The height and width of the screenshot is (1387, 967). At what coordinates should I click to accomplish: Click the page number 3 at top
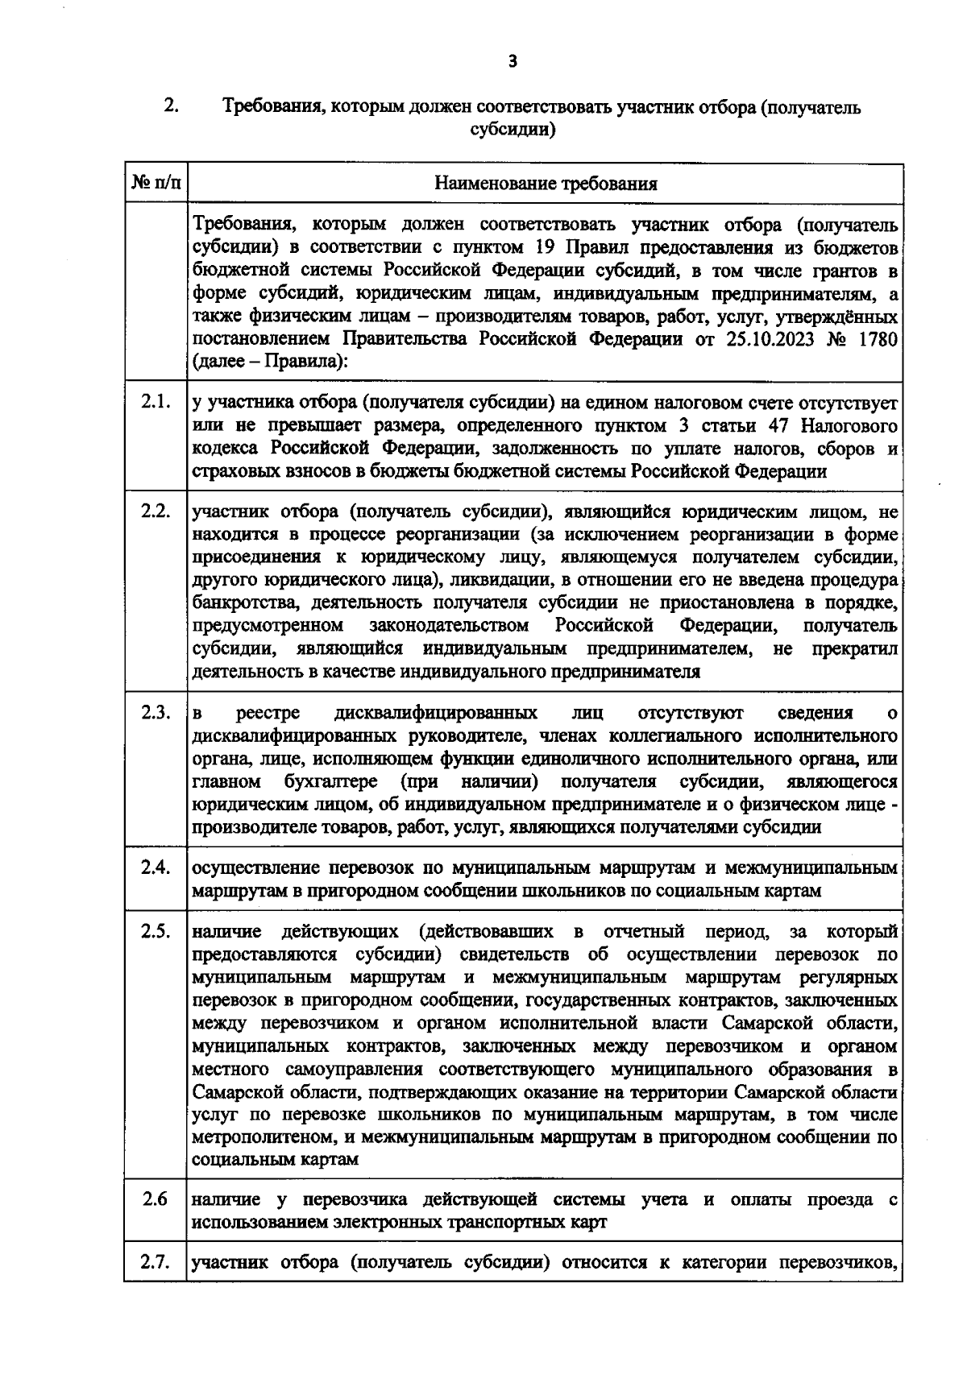point(513,61)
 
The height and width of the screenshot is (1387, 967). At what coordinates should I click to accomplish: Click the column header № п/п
point(155,183)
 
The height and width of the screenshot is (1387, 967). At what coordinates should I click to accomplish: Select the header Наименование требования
point(546,184)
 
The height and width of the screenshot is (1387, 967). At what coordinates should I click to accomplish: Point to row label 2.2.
point(155,511)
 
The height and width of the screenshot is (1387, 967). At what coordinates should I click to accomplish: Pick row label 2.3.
point(155,712)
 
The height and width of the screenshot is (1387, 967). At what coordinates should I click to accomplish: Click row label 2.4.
point(155,867)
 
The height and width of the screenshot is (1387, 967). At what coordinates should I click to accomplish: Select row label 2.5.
point(155,932)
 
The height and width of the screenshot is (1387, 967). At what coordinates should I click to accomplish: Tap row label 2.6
point(154,1199)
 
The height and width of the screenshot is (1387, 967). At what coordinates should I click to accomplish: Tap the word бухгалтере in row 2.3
point(334,781)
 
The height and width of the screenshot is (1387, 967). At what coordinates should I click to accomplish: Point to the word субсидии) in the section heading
point(513,129)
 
